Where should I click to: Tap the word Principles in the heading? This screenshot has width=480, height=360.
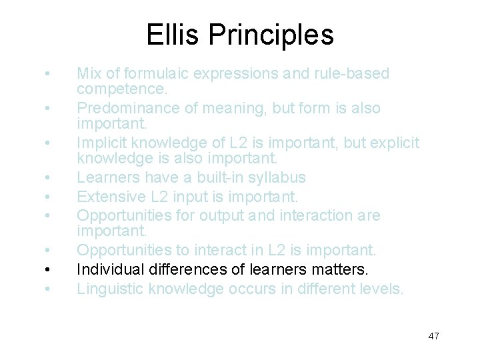(x=271, y=34)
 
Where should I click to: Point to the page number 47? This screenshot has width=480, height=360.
(x=433, y=336)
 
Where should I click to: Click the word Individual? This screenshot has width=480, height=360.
(x=105, y=269)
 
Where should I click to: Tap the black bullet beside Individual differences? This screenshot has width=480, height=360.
(x=45, y=270)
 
